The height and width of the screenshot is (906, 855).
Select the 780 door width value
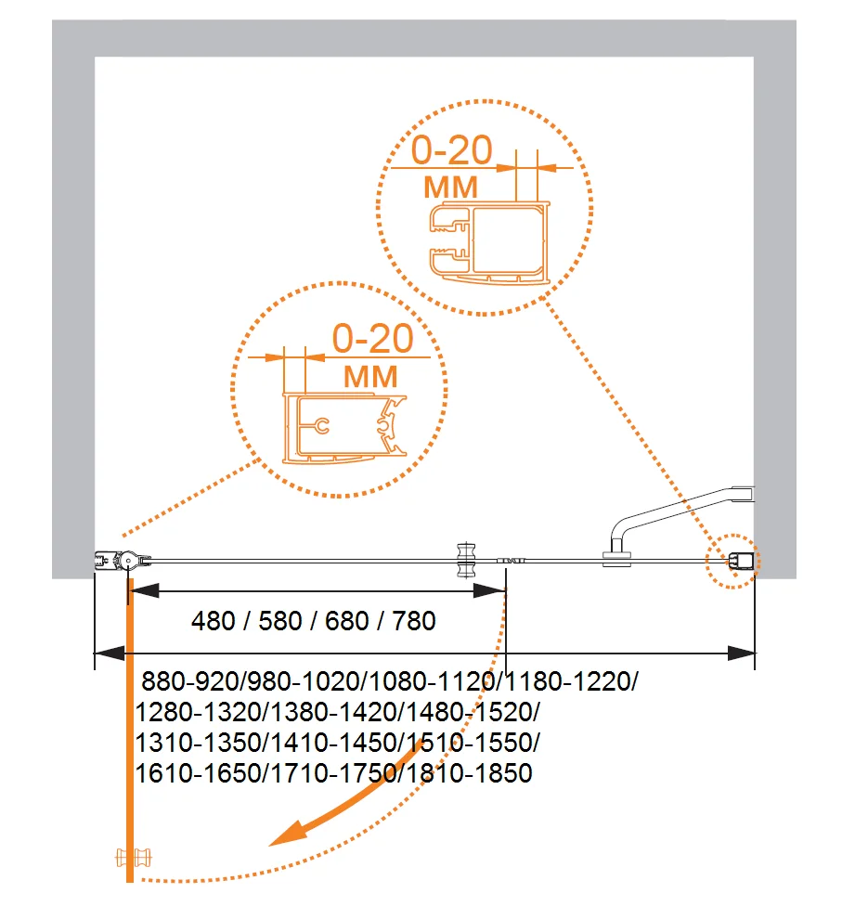click(x=413, y=620)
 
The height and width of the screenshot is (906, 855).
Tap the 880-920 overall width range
click(x=190, y=683)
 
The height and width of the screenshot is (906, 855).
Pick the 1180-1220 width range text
click(x=570, y=683)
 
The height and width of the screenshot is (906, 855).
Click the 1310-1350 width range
click(x=199, y=743)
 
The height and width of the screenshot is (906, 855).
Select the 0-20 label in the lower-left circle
click(x=372, y=340)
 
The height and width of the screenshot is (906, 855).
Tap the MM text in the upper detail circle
click(x=450, y=188)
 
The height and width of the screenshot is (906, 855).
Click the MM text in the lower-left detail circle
click(x=370, y=377)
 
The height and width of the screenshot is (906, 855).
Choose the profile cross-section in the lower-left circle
click(x=344, y=428)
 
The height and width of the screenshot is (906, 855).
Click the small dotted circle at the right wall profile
click(x=732, y=561)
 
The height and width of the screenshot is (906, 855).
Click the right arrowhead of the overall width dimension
click(x=742, y=653)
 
